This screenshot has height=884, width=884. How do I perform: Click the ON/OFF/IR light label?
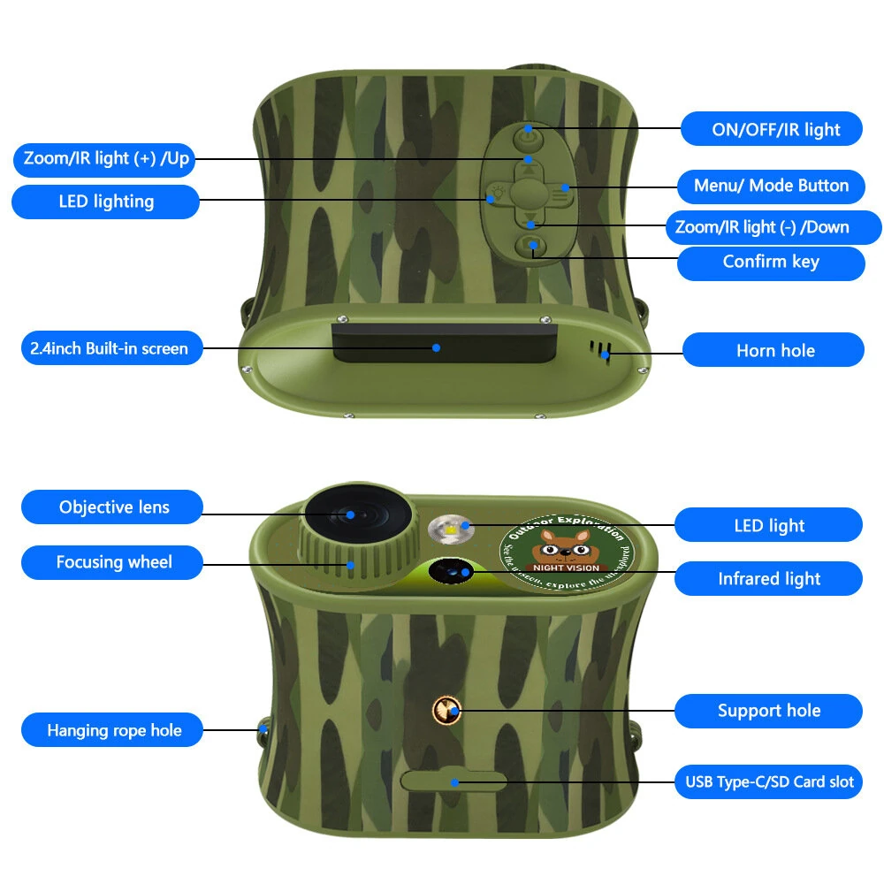pyautogui.click(x=775, y=129)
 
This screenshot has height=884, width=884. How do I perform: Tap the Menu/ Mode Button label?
pyautogui.click(x=771, y=186)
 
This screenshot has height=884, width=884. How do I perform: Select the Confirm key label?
pyautogui.click(x=771, y=262)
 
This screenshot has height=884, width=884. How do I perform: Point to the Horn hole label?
pyautogui.click(x=774, y=350)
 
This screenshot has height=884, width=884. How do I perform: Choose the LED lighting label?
pyautogui.click(x=106, y=202)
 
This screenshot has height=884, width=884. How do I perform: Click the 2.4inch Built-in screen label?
pyautogui.click(x=105, y=347)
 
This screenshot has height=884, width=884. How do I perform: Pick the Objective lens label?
pyautogui.click(x=113, y=507)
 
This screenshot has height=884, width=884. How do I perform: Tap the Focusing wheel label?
pyautogui.click(x=113, y=562)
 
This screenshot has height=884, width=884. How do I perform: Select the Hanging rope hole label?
pyautogui.click(x=113, y=730)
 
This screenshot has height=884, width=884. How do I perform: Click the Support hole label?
pyautogui.click(x=768, y=711)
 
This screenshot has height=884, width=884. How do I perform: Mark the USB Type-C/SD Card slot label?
pyautogui.click(x=768, y=781)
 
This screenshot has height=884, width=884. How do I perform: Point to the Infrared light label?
pyautogui.click(x=768, y=579)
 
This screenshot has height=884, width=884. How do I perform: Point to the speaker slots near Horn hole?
pyautogui.click(x=604, y=349)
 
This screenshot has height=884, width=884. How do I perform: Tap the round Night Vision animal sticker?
pyautogui.click(x=566, y=554)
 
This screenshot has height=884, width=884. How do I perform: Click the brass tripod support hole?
pyautogui.click(x=448, y=708)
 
